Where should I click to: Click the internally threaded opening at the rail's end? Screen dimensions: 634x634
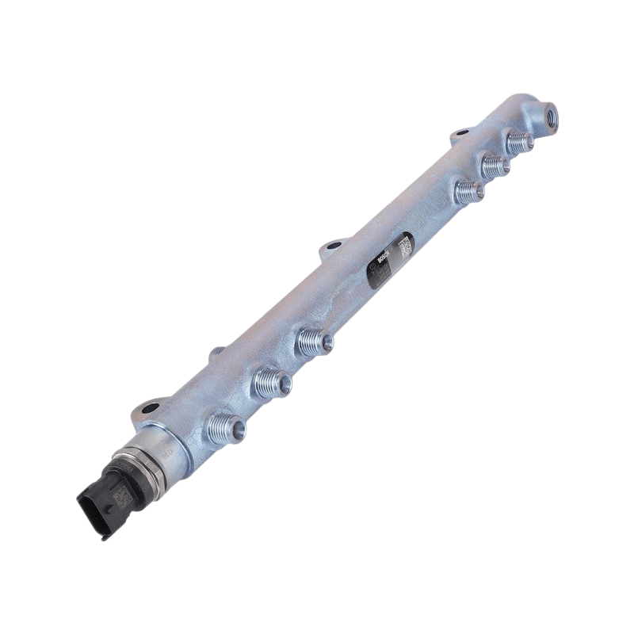point(551,116)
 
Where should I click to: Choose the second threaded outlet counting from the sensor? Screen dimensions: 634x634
point(273,384)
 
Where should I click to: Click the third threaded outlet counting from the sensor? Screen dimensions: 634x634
point(316,342)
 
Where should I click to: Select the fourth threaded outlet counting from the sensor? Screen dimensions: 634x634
point(469,190)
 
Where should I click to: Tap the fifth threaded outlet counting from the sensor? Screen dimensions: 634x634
point(496,166)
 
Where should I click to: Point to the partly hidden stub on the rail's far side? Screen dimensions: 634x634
point(216,353)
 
